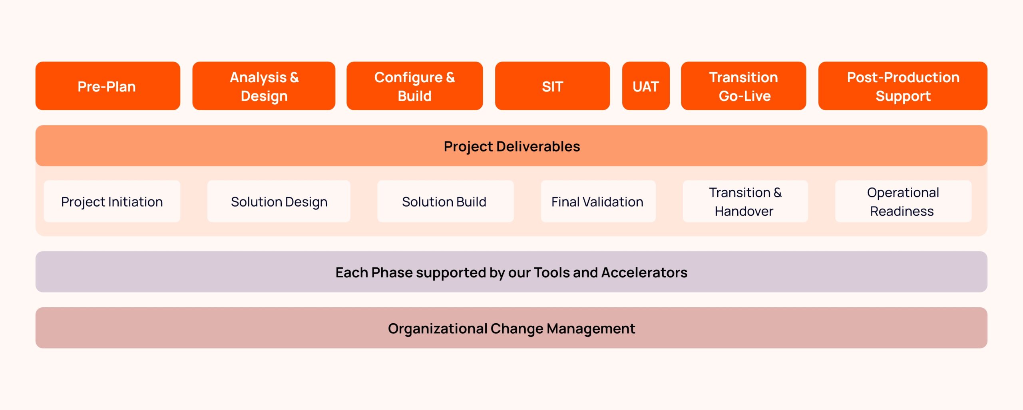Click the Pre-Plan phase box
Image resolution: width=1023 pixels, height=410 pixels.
[x=107, y=86]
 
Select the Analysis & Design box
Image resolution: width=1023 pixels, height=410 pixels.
[x=264, y=86]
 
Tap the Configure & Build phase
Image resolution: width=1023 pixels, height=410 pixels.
[x=414, y=86]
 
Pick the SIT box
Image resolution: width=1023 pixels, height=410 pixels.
[x=552, y=86]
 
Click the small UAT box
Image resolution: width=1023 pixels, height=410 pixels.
[x=645, y=86]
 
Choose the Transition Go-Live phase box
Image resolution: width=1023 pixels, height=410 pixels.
[x=743, y=86]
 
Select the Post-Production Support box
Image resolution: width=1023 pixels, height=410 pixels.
[x=903, y=86]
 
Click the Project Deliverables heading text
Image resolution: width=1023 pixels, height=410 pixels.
[x=511, y=146]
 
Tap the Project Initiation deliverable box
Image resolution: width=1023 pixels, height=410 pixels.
[x=112, y=201]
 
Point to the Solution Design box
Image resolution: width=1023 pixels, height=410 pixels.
[x=279, y=201]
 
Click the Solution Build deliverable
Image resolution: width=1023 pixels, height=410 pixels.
[x=445, y=201]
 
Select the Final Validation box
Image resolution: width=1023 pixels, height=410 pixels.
[x=598, y=201]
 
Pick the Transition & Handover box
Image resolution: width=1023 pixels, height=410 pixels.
[x=745, y=201]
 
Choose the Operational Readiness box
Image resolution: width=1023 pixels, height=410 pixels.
[x=903, y=201]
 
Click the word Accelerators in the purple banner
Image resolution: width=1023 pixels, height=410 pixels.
[x=644, y=273]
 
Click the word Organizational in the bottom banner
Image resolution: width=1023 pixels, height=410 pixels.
[x=438, y=328]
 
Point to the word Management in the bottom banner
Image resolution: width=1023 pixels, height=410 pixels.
[x=591, y=328]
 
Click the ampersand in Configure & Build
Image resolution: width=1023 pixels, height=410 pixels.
[x=450, y=77]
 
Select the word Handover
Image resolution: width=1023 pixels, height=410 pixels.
[x=744, y=211]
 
